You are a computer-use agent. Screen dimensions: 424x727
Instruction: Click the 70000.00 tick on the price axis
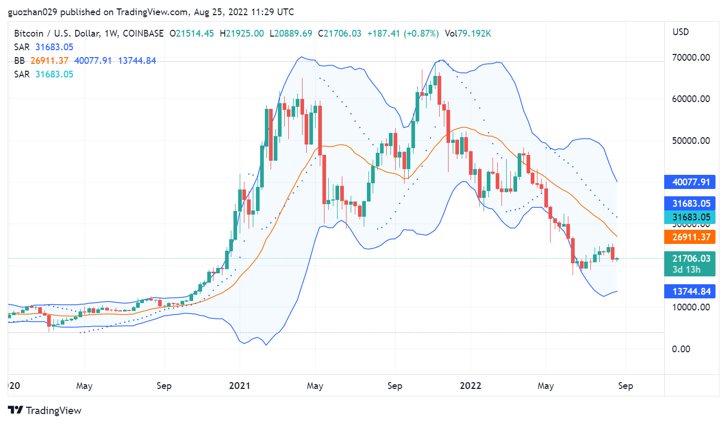691,57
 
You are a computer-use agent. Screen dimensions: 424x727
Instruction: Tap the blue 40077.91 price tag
691,182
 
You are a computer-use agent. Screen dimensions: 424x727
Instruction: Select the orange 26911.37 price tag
691,237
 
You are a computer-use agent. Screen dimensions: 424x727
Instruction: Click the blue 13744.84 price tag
691,291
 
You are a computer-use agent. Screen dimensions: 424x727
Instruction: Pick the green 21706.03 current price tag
691,258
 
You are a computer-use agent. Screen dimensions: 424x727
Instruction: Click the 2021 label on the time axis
240,386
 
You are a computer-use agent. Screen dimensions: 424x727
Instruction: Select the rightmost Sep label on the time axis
625,386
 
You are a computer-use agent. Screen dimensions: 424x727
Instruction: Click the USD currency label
680,32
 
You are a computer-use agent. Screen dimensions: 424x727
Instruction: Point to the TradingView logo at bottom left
45,410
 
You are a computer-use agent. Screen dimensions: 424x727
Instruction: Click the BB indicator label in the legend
19,61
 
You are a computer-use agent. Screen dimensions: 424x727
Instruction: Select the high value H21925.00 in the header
242,34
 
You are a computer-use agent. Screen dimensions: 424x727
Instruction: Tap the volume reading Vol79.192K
467,34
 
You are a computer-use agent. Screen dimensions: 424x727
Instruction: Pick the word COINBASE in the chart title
142,34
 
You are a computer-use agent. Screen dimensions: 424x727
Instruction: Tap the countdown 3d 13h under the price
691,270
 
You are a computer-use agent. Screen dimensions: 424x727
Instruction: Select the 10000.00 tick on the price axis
691,307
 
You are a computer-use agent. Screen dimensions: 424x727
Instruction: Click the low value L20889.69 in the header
290,34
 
